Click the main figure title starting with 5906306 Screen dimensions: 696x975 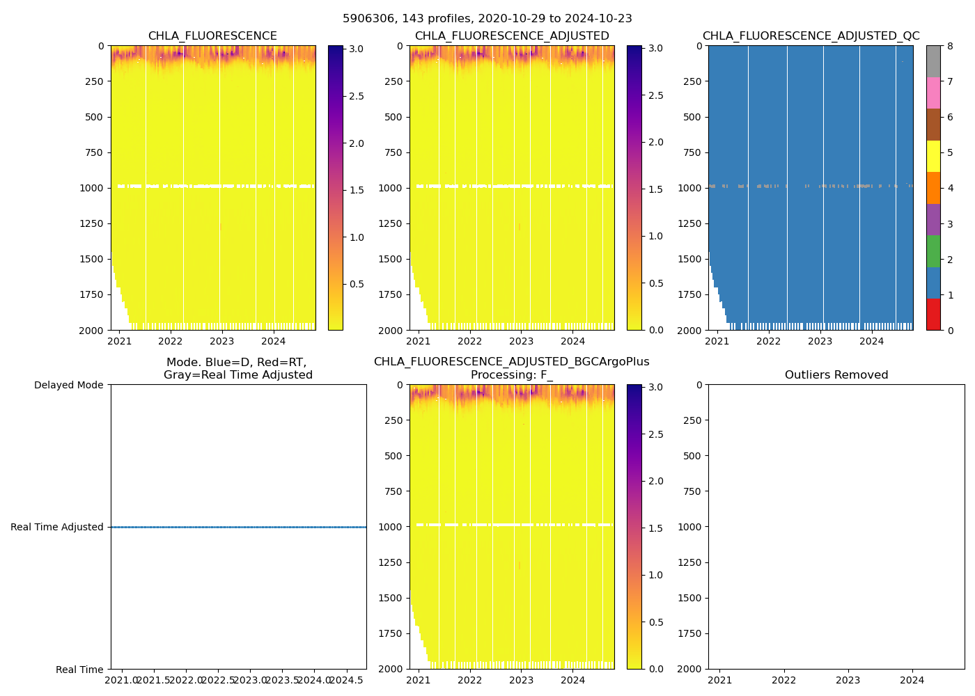[487, 19]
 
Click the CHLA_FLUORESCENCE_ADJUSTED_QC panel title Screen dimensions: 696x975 [811, 36]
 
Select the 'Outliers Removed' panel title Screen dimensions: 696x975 [836, 375]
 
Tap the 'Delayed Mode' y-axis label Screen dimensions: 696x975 [69, 385]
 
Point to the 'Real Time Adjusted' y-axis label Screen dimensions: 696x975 [57, 527]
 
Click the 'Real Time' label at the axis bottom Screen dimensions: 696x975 [79, 670]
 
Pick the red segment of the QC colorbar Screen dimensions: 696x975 [933, 314]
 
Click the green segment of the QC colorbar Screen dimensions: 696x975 [933, 251]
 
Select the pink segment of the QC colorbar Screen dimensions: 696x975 [933, 93]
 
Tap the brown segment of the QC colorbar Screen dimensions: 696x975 [933, 125]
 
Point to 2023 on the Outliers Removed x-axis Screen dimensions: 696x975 [848, 680]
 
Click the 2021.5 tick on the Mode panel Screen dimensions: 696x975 [154, 680]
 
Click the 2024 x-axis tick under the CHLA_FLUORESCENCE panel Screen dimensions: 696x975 [274, 341]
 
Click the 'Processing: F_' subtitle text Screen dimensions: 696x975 [512, 375]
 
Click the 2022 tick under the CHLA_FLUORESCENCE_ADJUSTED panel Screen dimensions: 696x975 [470, 341]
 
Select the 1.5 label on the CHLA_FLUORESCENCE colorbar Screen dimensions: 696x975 [357, 190]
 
